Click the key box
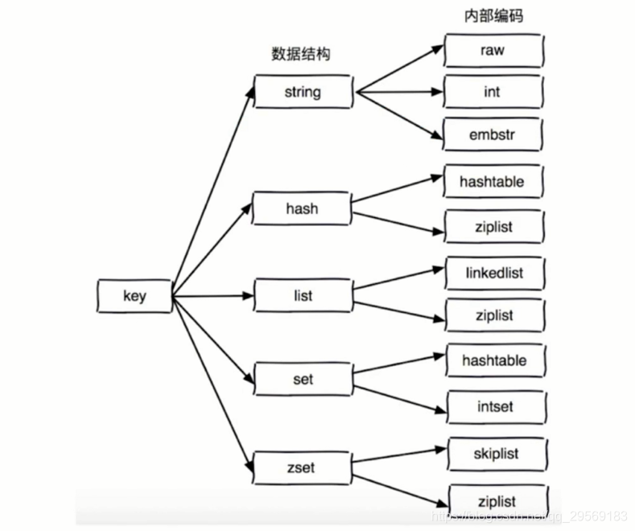pos(134,296)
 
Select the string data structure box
pos(303,92)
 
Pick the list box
pos(303,295)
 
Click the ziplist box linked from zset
pos(497,500)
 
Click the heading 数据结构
pos(300,54)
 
